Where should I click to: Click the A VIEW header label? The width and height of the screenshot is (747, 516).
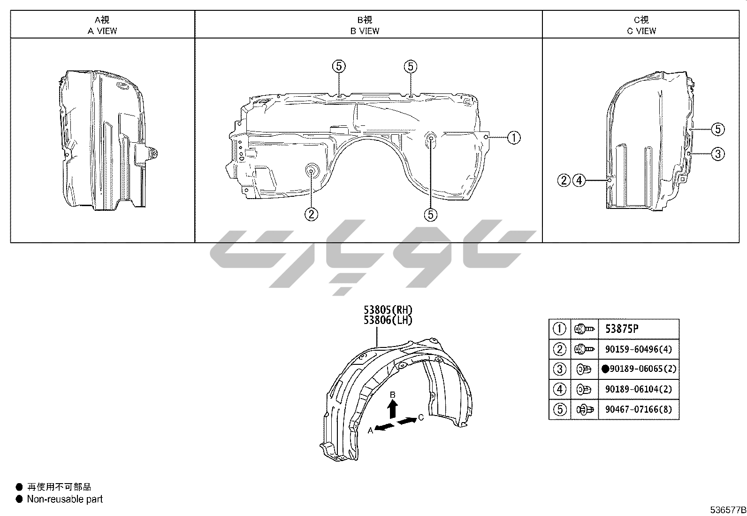pyautogui.click(x=102, y=31)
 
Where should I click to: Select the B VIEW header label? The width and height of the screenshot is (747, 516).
pyautogui.click(x=365, y=31)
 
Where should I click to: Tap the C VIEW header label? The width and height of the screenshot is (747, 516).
pyautogui.click(x=641, y=31)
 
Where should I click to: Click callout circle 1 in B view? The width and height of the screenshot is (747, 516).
pyautogui.click(x=514, y=138)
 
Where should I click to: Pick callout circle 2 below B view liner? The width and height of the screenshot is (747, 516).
pyautogui.click(x=311, y=214)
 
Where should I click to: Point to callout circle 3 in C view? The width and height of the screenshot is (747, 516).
pyautogui.click(x=717, y=154)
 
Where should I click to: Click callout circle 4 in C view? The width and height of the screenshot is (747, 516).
pyautogui.click(x=579, y=181)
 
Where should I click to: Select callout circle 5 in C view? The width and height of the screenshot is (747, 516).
pyautogui.click(x=717, y=129)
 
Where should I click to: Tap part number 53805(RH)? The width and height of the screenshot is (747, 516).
pyautogui.click(x=388, y=310)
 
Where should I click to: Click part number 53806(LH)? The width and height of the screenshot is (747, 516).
pyautogui.click(x=388, y=320)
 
